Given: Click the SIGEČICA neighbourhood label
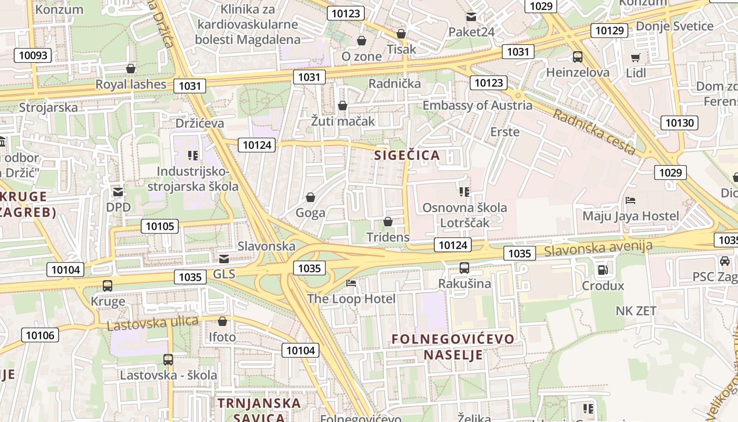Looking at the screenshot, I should (407, 155).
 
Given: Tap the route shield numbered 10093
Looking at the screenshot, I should (33, 55).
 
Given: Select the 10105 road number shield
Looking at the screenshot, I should (159, 226).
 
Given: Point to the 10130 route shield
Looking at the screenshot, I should (679, 123).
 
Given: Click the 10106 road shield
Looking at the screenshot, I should (40, 335).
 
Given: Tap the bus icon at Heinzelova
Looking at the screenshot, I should (577, 57).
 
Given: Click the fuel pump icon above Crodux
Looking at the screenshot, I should (602, 270).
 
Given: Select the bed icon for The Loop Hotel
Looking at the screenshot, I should (351, 283).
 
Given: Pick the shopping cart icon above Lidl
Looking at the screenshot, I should (636, 57).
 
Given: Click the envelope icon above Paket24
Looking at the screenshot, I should (471, 17).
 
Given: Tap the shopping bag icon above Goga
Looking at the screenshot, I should (310, 198).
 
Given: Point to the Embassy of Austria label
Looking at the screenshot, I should (477, 105).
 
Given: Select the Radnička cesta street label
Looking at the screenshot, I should (594, 132).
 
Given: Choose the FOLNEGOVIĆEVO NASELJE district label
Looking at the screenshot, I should (453, 346).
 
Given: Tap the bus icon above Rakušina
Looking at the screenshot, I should (464, 268).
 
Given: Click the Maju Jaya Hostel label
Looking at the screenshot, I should (630, 216).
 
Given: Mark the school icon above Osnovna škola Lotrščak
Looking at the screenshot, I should (464, 192).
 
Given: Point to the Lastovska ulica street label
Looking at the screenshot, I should (152, 323).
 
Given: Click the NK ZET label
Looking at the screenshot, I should (636, 311).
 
